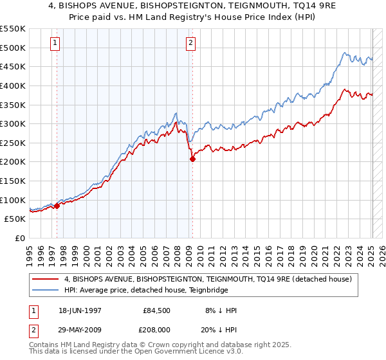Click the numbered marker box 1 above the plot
[x=55, y=44]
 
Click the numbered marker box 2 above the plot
[x=192, y=44]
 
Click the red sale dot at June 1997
[x=57, y=206]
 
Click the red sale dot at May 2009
[x=192, y=159]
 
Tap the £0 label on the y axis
[x=20, y=238]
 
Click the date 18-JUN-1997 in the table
[x=80, y=310]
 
